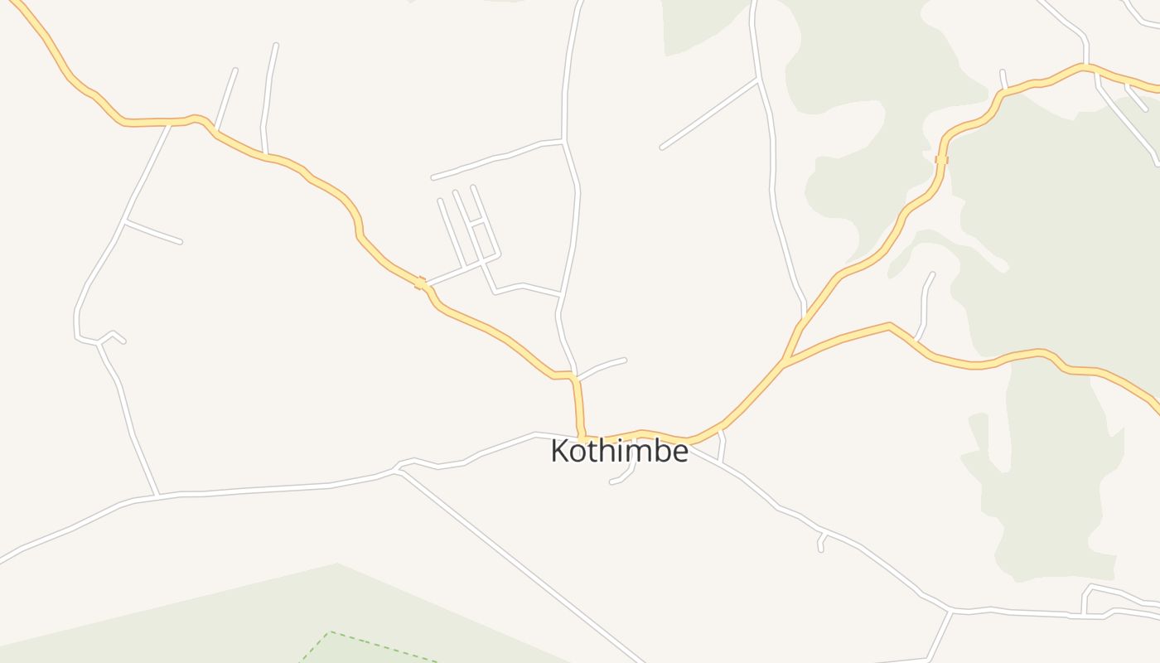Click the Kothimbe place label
coord(619,452)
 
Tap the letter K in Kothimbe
coord(560,452)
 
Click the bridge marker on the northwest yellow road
coord(420,283)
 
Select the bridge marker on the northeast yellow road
coord(941,159)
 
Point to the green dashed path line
coord(381,646)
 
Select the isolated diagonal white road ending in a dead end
coord(709,114)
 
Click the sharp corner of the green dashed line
coord(330,632)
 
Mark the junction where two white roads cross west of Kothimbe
coord(399,469)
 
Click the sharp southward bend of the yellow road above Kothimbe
coord(573,376)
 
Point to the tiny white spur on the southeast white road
coord(821,542)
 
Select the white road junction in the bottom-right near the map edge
coord(950,612)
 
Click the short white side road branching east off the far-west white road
coord(152,232)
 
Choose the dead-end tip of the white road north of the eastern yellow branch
coord(933,273)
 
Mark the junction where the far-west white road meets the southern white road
coord(157,496)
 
